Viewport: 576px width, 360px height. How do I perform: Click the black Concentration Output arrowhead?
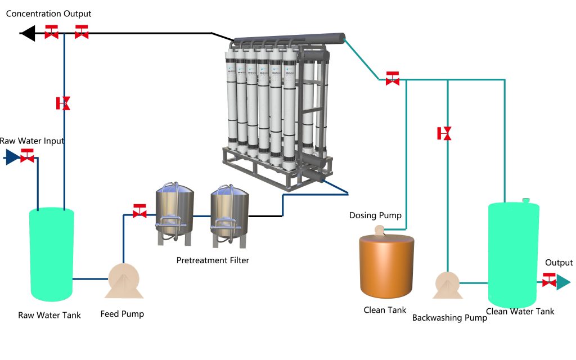pyautogui.click(x=27, y=33)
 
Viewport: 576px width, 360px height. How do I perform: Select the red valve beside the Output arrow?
pyautogui.click(x=549, y=280)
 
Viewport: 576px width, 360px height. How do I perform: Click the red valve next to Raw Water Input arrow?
pyautogui.click(x=26, y=156)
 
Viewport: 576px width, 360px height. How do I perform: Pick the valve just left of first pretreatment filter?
pyautogui.click(x=139, y=211)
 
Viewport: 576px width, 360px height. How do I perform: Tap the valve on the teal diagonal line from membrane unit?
pyautogui.click(x=393, y=79)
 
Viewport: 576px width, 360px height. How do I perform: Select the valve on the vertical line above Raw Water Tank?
pyautogui.click(x=64, y=103)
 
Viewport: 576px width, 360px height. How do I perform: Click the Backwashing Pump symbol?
pyautogui.click(x=447, y=284)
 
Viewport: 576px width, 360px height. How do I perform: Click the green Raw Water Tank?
pyautogui.click(x=52, y=254)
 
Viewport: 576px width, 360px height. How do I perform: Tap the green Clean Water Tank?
pyautogui.click(x=513, y=254)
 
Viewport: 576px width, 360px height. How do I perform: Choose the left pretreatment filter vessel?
pyautogui.click(x=174, y=213)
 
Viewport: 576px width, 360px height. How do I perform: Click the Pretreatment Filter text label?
pyautogui.click(x=213, y=260)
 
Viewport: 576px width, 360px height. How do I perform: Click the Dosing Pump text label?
pyautogui.click(x=375, y=215)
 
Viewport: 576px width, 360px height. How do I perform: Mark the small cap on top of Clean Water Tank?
pyautogui.click(x=526, y=200)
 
